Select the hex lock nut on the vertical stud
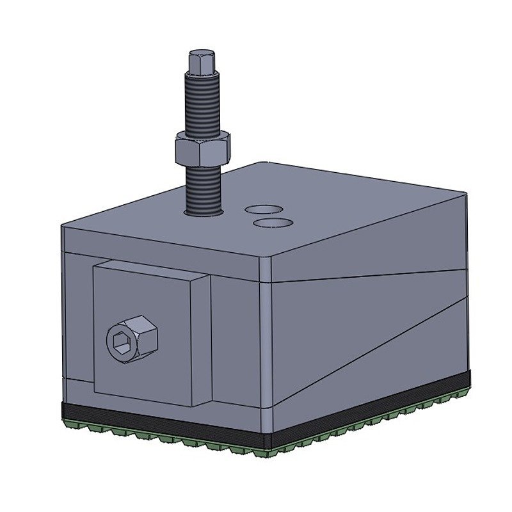pyautogui.click(x=202, y=148)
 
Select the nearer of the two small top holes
pyautogui.click(x=273, y=222)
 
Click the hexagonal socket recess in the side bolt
pyautogui.click(x=124, y=344)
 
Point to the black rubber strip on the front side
pyautogui.click(x=160, y=423)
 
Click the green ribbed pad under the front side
pyautogui.click(x=160, y=438)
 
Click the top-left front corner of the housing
pyautogui.click(x=61, y=225)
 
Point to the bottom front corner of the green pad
pyautogui.click(x=269, y=456)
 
